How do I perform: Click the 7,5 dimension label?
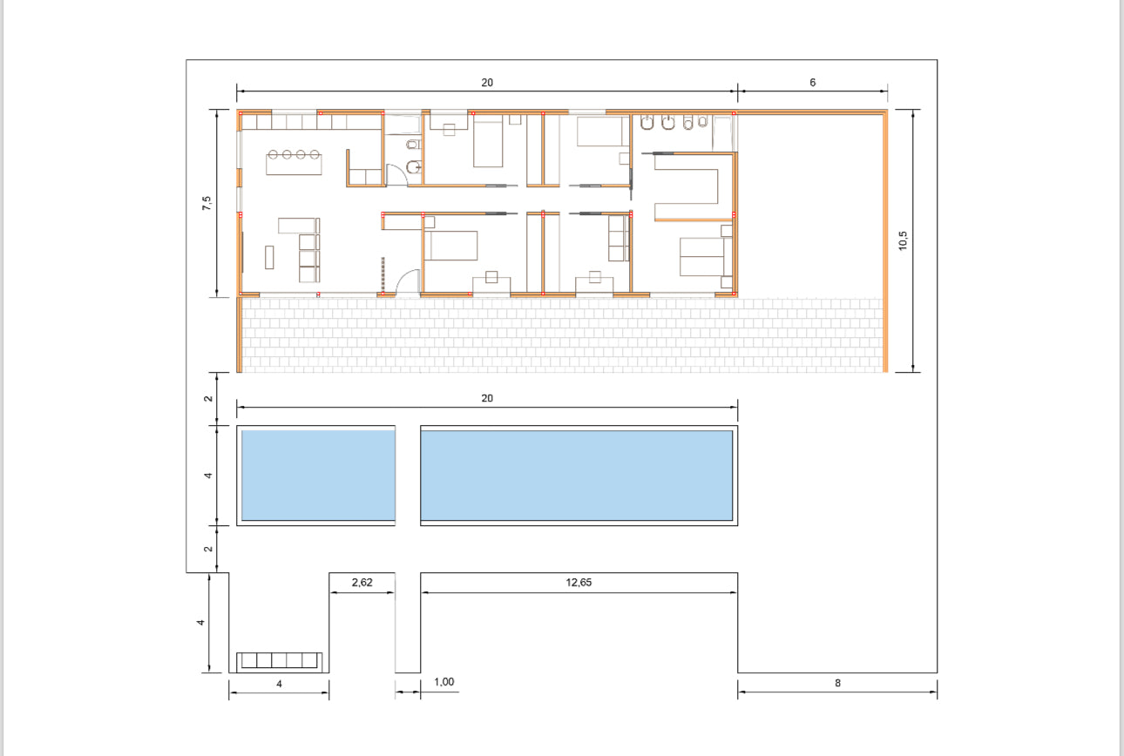[207, 203]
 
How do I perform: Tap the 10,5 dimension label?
[903, 240]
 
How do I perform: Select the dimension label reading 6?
[812, 82]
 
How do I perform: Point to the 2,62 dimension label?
[362, 583]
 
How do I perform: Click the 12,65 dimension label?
[579, 583]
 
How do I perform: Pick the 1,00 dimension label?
[444, 682]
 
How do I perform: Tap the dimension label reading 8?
[837, 683]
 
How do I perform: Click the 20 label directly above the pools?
[487, 398]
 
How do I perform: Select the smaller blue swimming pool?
[318, 475]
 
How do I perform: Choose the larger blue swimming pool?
[577, 475]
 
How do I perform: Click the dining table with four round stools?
[294, 162]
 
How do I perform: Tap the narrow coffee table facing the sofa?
[269, 257]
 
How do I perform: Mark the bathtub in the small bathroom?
[403, 125]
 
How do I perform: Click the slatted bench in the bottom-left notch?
[279, 661]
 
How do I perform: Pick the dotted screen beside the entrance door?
[383, 273]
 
